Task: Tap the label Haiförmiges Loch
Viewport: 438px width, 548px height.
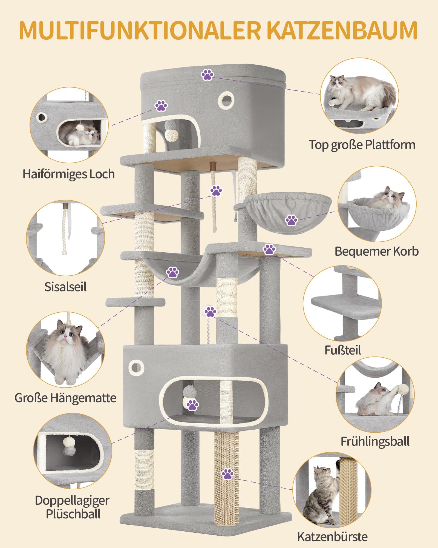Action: pos(68,174)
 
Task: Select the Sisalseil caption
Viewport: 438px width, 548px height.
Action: pos(65,287)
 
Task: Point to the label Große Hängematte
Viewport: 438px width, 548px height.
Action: pos(65,398)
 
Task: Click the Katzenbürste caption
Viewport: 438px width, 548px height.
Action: pos(332,536)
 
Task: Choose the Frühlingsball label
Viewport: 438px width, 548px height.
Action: pos(375,441)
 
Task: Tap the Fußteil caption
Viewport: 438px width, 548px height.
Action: pos(343,350)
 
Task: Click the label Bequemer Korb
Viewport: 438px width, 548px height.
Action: pos(376,251)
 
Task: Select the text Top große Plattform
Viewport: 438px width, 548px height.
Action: pos(362,145)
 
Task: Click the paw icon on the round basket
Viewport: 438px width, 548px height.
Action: pos(291,220)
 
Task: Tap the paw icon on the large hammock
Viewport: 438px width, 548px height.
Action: pos(172,272)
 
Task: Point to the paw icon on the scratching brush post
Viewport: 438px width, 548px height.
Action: pos(227,474)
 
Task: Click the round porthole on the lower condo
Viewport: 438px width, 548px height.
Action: pos(136,366)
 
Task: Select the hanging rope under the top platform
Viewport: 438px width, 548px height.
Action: pos(213,200)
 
